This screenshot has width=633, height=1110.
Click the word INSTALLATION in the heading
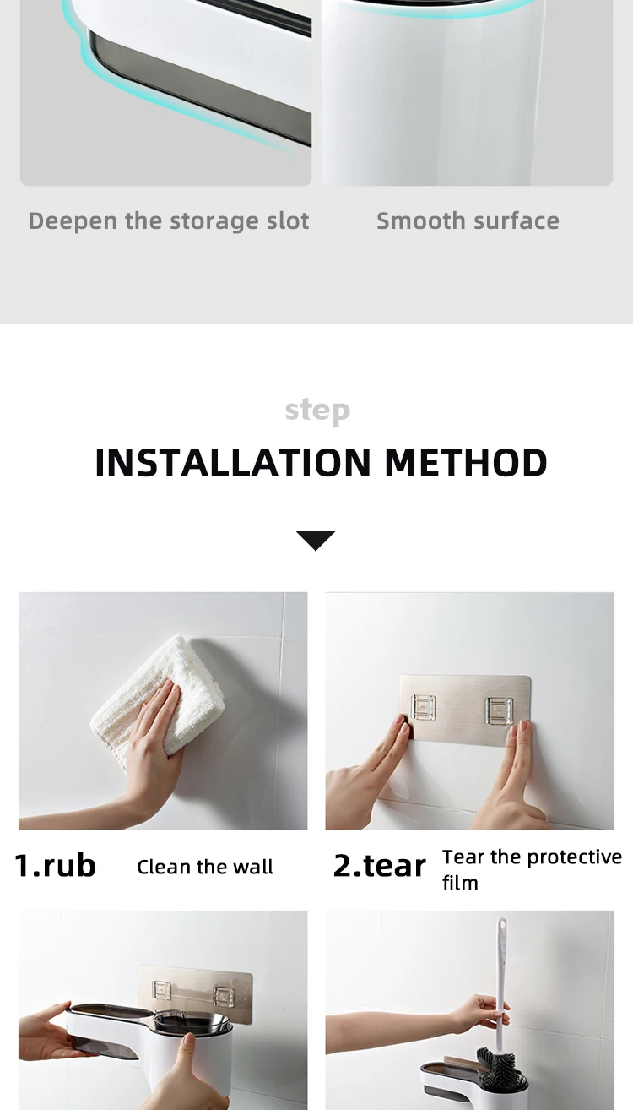coord(233,463)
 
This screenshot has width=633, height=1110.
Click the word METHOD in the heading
coord(465,463)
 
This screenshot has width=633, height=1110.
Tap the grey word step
coord(317,411)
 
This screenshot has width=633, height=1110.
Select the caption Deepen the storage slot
coord(169,221)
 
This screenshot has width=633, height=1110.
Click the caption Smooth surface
coord(468,221)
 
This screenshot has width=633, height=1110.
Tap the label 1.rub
coord(56,866)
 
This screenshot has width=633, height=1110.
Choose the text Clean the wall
coord(205,868)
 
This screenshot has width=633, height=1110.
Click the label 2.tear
coord(379,866)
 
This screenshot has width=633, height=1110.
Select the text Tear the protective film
coord(532,868)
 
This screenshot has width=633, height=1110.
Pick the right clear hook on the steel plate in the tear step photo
coord(498,710)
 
